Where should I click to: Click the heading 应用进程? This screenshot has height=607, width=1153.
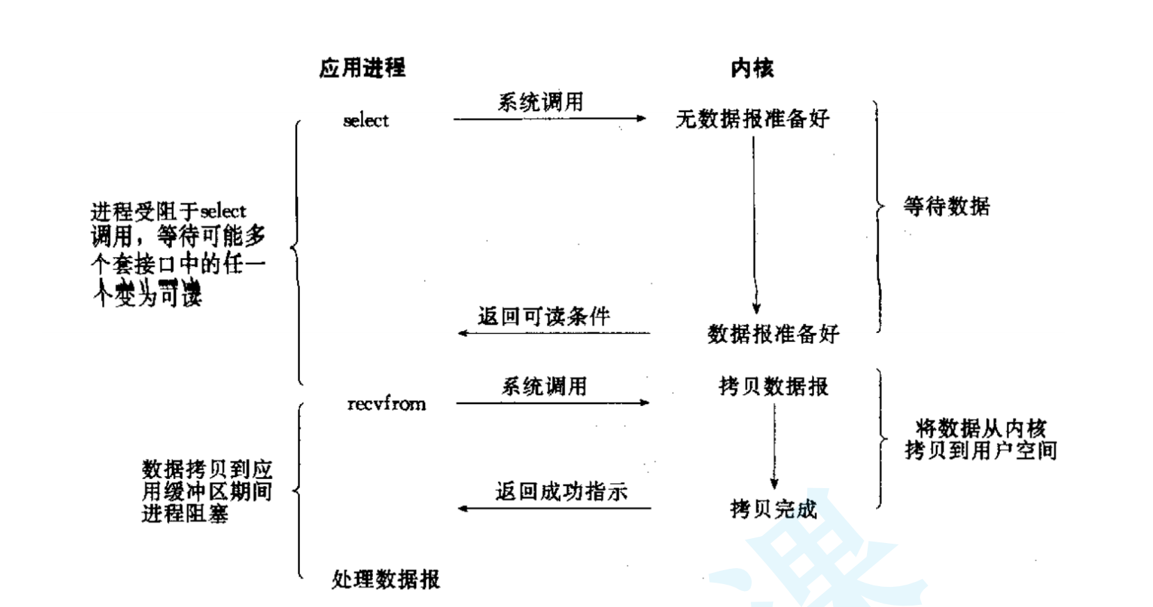(x=362, y=68)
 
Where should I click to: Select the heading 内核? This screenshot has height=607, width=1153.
(x=752, y=68)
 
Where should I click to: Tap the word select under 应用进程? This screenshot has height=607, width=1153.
(x=365, y=121)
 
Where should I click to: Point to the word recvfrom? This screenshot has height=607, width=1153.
(x=386, y=404)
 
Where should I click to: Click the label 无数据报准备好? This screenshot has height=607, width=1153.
(x=752, y=120)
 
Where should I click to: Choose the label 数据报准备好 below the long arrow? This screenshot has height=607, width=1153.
(x=773, y=334)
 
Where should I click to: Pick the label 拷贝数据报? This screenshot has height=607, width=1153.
(x=773, y=387)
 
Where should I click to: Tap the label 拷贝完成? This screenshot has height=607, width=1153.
(x=773, y=510)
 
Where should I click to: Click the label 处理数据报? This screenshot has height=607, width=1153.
(x=385, y=579)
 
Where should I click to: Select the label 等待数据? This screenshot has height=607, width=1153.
(x=946, y=207)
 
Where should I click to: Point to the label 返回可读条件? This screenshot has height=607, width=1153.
(x=543, y=317)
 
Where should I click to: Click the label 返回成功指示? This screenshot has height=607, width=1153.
(x=561, y=492)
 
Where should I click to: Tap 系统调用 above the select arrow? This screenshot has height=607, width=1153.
(x=541, y=103)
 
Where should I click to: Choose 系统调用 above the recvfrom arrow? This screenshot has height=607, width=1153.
(x=544, y=387)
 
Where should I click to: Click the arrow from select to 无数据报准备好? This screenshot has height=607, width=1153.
(x=550, y=119)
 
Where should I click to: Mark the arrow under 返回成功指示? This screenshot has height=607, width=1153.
(x=554, y=508)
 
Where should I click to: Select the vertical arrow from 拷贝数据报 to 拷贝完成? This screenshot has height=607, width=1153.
(x=774, y=445)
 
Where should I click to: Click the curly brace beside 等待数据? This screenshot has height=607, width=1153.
(x=878, y=216)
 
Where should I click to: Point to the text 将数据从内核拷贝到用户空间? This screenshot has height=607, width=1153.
(x=980, y=439)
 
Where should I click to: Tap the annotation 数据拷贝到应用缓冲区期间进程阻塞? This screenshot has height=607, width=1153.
(x=207, y=491)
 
